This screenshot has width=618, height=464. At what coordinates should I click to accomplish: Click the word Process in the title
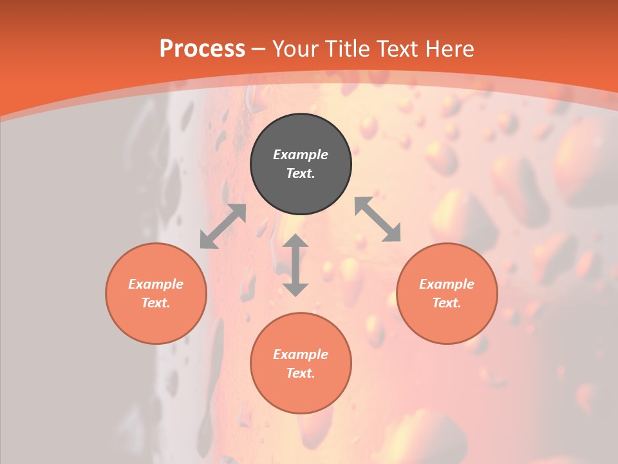point(202,49)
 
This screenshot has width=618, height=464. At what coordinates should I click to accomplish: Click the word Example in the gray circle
point(301,155)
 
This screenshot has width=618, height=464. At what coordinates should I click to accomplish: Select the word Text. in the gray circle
point(301,173)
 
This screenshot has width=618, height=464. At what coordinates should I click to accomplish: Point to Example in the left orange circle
point(156,284)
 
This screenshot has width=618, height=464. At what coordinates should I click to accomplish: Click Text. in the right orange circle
point(447,303)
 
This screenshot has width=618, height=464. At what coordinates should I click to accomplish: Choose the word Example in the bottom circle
point(301,354)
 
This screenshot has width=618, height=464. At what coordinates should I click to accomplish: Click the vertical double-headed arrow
point(295,265)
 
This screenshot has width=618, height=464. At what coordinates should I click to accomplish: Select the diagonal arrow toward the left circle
point(223,226)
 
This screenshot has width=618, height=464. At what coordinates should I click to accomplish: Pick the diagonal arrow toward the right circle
point(377,219)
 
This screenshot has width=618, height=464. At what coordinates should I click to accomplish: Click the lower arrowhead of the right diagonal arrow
point(393,235)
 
